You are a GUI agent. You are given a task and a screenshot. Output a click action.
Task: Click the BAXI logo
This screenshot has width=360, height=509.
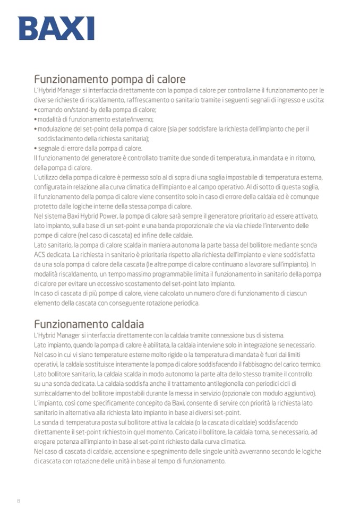[x=56, y=28]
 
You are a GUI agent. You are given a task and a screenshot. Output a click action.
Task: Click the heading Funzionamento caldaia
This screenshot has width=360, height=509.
[x=89, y=324]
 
